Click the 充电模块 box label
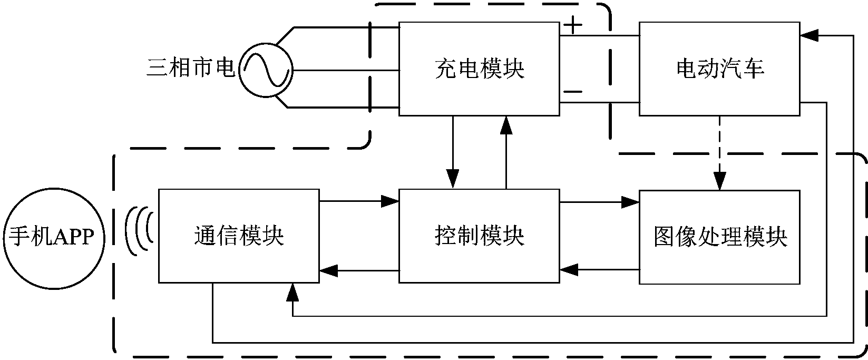[479, 69]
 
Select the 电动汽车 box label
[719, 69]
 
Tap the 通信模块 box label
[239, 236]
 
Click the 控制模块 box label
[479, 236]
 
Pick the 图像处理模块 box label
[719, 237]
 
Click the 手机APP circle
[51, 237]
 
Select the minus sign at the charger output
[573, 92]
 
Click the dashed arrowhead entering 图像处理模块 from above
[720, 182]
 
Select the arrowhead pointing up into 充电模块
[506, 124]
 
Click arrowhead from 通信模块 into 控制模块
[390, 200]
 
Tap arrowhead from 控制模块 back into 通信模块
[328, 271]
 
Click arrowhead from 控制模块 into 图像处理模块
[630, 201]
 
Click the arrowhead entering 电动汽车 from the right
[808, 35]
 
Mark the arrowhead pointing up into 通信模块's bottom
[291, 291]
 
